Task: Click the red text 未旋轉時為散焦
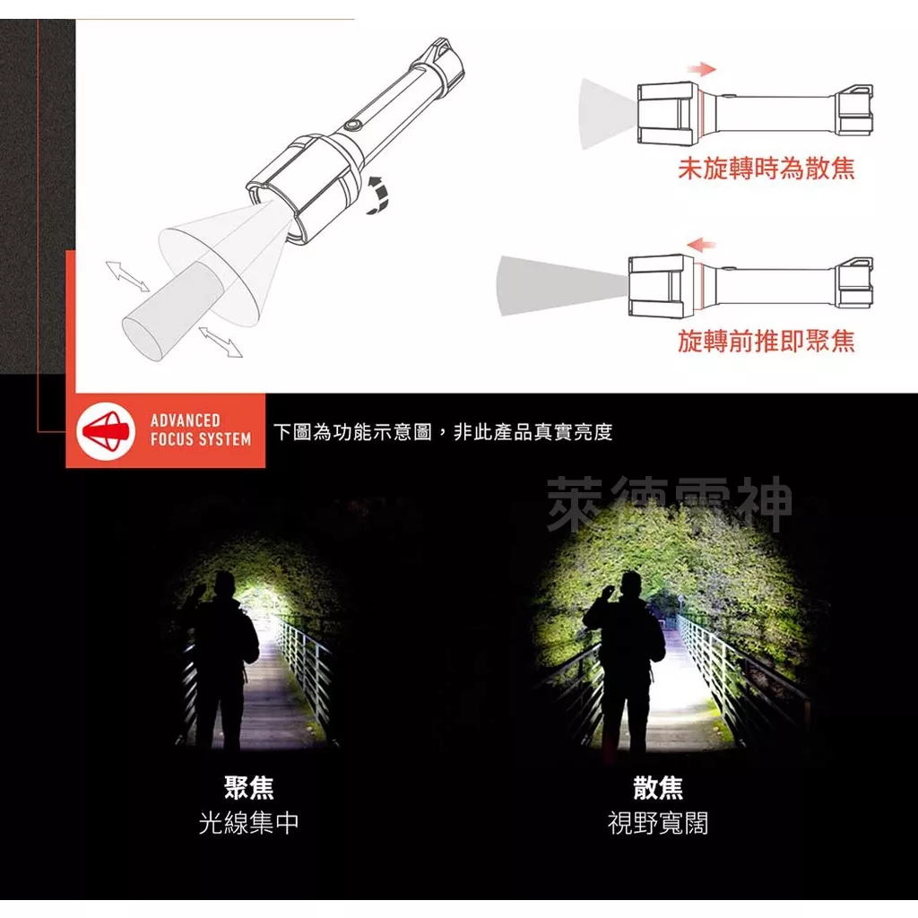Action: coord(766,168)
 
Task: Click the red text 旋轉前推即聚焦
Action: coord(766,341)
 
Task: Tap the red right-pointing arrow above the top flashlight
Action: coord(704,69)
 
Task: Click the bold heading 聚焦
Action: coord(248,788)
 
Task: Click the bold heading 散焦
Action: coord(658,788)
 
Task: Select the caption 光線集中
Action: coord(248,823)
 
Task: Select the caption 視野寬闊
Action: coord(658,823)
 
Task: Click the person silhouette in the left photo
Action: coord(221,659)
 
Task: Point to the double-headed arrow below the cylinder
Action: coord(220,342)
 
